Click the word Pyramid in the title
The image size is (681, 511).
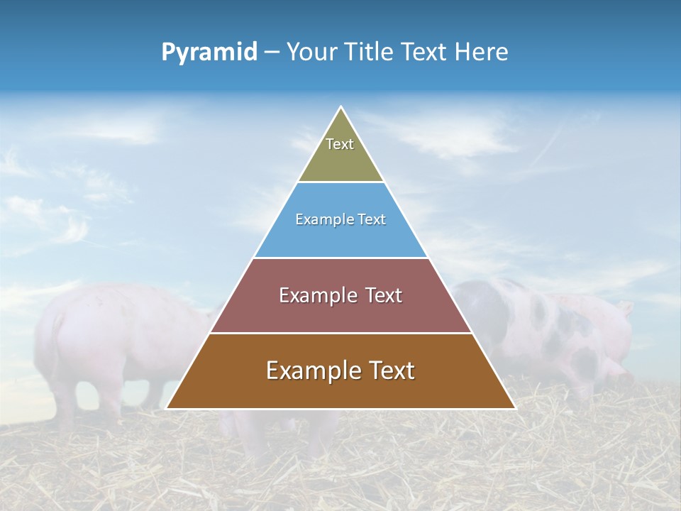pyautogui.click(x=209, y=53)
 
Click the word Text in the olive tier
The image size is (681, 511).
pyautogui.click(x=340, y=144)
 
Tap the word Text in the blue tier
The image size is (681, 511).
pyautogui.click(x=371, y=220)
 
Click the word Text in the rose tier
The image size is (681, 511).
pyautogui.click(x=384, y=295)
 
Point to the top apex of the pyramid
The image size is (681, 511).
pyautogui.click(x=340, y=107)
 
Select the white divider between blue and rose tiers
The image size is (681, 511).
pyautogui.click(x=340, y=258)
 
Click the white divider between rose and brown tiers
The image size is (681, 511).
pyautogui.click(x=340, y=333)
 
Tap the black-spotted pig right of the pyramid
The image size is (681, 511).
pyautogui.click(x=546, y=326)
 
